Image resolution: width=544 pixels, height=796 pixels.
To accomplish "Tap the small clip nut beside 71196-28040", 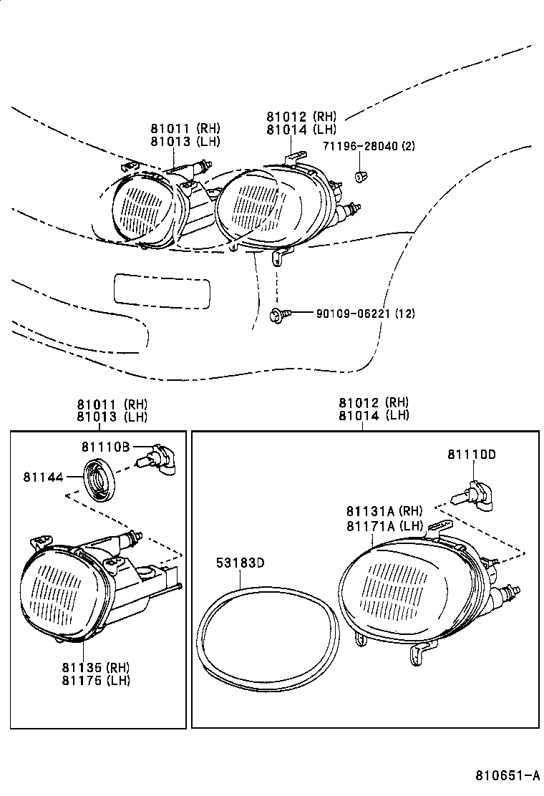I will pos(361,175).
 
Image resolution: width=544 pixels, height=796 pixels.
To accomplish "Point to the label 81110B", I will pos(105,447).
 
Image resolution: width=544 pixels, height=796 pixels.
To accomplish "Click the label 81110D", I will pos(472,455).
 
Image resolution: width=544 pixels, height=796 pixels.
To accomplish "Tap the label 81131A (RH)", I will pos(384,511).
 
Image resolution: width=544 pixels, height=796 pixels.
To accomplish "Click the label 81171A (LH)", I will pos(384,525).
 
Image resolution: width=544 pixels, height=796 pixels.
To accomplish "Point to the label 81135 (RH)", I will pos(94,667).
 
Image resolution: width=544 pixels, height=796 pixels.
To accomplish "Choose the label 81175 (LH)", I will pos(94,680).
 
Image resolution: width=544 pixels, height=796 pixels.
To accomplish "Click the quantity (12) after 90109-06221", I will pos(404,314).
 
